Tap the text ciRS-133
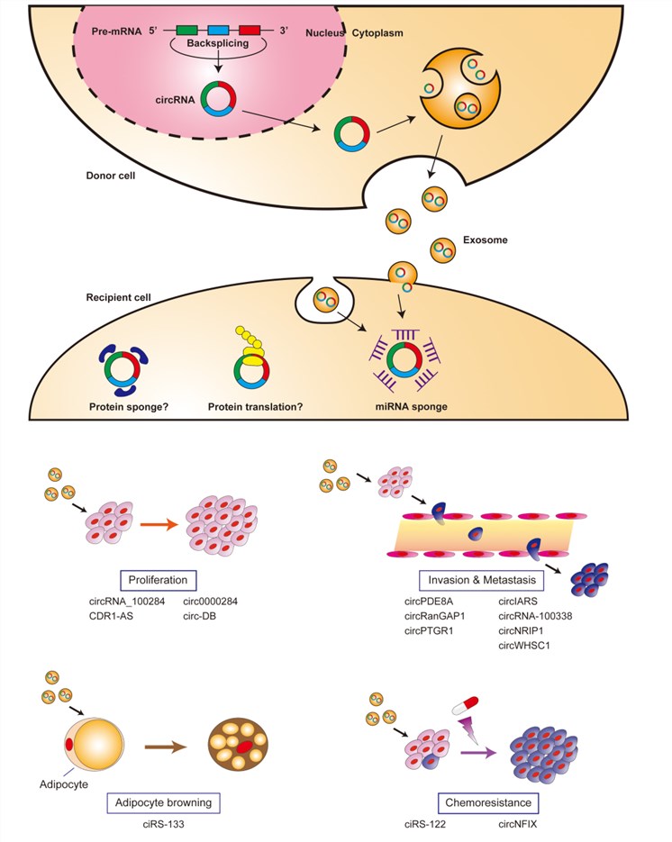[x=168, y=823]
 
